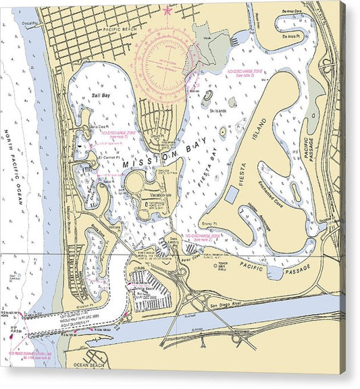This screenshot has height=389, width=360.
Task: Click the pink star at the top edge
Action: pos(168,10)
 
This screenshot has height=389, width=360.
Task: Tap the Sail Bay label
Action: pos(100,97)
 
